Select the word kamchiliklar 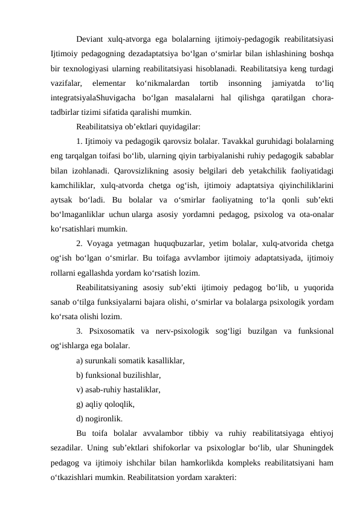(x=74, y=185)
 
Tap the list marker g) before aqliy (x=80, y=404)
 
